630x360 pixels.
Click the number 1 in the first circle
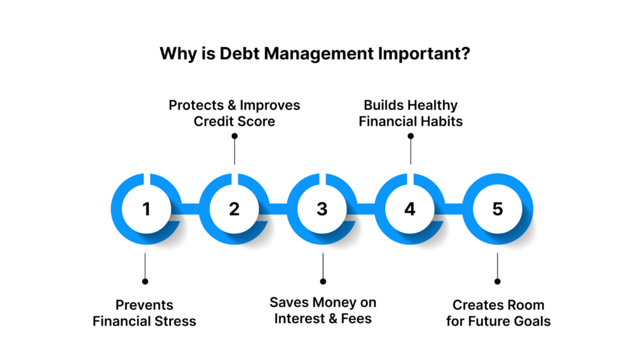pyautogui.click(x=146, y=209)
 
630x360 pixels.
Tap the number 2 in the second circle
pyautogui.click(x=234, y=209)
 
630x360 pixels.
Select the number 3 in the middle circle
pyautogui.click(x=322, y=209)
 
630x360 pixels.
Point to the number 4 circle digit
pyautogui.click(x=410, y=209)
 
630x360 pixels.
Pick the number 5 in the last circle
pyautogui.click(x=498, y=209)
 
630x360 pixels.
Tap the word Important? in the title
pyautogui.click(x=424, y=54)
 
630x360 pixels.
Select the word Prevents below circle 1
pyautogui.click(x=144, y=305)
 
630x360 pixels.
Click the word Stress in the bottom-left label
pyautogui.click(x=175, y=321)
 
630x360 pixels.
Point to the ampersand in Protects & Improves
pyautogui.click(x=232, y=105)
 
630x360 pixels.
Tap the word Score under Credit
pyautogui.click(x=257, y=121)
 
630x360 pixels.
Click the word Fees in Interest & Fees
pyautogui.click(x=356, y=319)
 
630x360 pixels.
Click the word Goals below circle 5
pyautogui.click(x=532, y=321)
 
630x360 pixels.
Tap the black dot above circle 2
pyautogui.click(x=234, y=136)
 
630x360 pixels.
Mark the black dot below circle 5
pyautogui.click(x=497, y=281)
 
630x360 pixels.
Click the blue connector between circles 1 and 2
pyautogui.click(x=191, y=209)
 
